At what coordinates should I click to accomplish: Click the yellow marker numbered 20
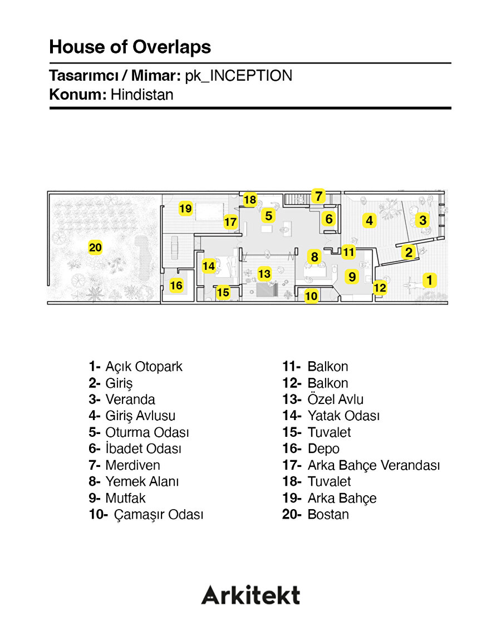96,247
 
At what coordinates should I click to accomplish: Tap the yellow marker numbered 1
429,280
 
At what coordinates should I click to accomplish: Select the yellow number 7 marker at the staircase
318,196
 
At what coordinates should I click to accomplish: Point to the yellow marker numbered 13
264,274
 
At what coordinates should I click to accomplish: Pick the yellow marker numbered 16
176,285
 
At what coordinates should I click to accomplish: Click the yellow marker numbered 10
311,296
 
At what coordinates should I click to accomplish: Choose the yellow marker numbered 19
185,209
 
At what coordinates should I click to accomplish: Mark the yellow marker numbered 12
380,288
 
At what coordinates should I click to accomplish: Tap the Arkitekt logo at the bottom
250,595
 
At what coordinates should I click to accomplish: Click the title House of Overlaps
130,47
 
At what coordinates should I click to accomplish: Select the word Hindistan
142,95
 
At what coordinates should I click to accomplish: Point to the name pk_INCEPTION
238,76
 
